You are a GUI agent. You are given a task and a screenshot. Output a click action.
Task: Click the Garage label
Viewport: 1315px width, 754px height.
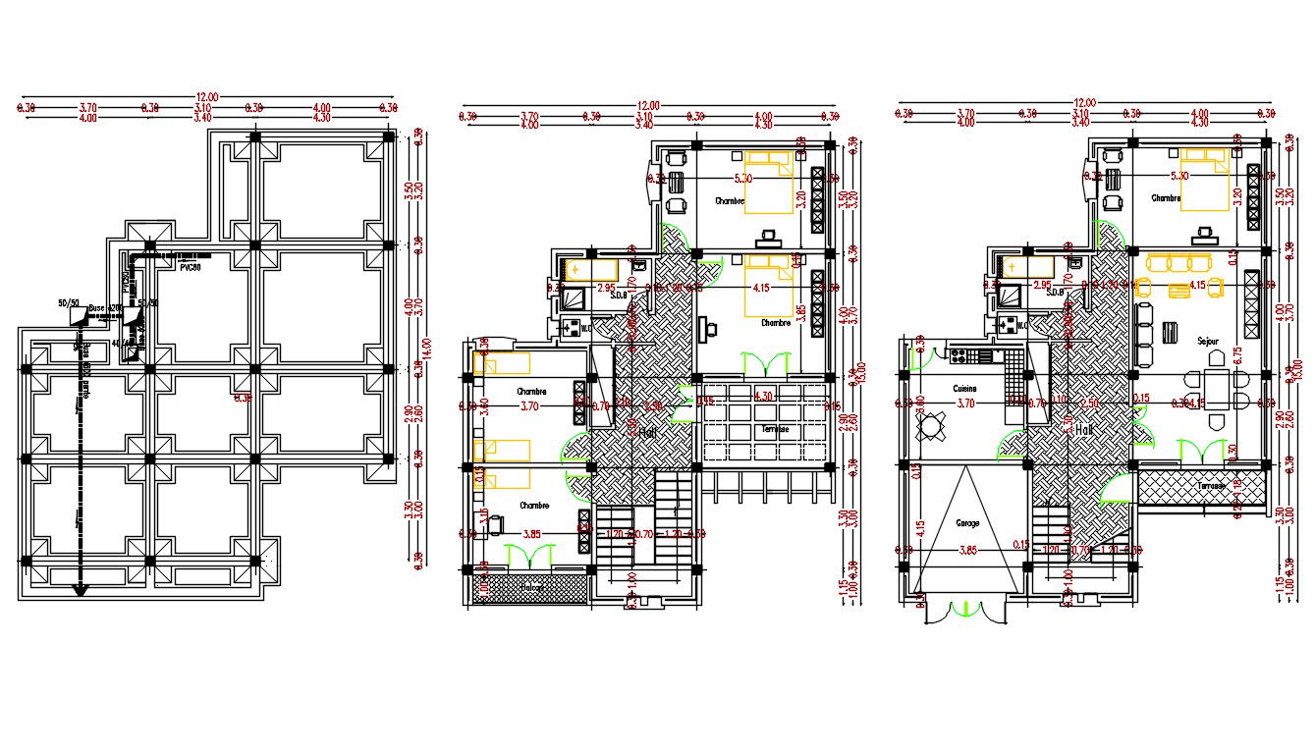click(x=967, y=523)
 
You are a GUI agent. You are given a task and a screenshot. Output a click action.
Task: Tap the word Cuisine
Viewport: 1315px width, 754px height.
click(x=964, y=389)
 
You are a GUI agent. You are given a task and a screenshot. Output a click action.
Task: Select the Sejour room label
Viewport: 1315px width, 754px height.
click(x=1207, y=341)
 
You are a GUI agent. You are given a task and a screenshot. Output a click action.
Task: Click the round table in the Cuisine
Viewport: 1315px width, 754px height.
click(x=930, y=426)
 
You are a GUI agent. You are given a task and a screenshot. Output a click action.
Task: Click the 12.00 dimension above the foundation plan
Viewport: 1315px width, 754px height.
click(x=206, y=97)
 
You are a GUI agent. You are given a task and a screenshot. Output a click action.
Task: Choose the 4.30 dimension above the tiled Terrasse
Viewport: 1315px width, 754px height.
click(x=762, y=397)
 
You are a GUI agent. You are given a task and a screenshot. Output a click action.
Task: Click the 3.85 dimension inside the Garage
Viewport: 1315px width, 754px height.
click(x=967, y=548)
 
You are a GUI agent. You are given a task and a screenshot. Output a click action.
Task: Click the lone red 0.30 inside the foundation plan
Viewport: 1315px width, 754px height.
click(x=243, y=398)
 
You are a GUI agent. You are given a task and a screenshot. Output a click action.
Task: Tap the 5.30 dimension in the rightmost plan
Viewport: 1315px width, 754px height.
click(x=1179, y=176)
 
